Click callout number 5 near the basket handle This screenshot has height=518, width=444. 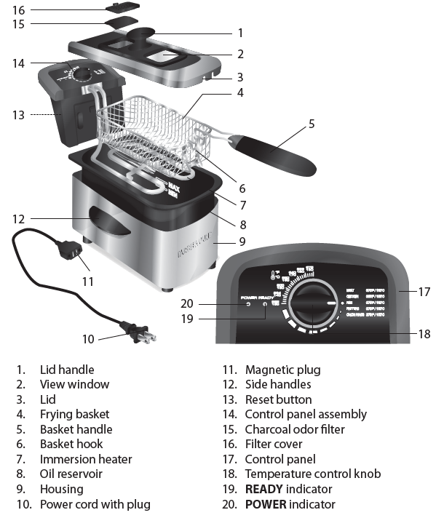coord(312,124)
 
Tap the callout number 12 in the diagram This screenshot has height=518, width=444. coord(18,218)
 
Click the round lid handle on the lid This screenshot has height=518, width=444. coord(143,33)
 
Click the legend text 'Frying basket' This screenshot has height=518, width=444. coord(74,414)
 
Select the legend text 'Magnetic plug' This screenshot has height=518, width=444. coord(282,370)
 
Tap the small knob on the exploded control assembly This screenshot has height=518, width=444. coord(85,74)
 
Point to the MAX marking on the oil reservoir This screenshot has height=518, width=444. coord(173,187)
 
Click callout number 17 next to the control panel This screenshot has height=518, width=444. coord(425,291)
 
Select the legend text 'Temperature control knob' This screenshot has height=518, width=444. coord(312,474)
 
